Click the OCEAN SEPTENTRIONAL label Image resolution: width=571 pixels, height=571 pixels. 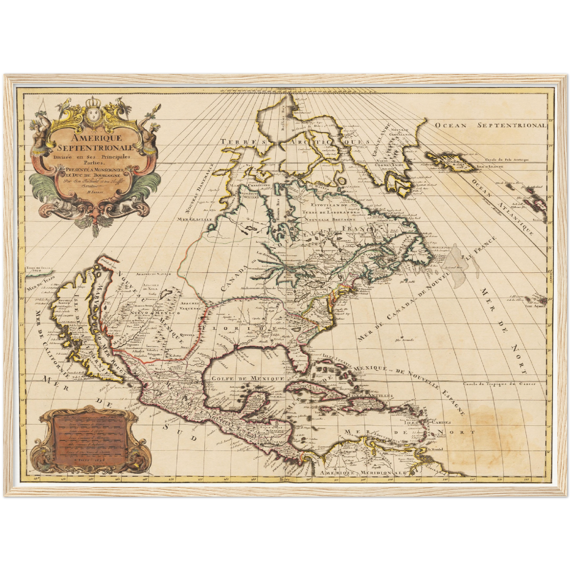[x=490, y=125]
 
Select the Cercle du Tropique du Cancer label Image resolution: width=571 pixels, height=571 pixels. [x=499, y=384]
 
